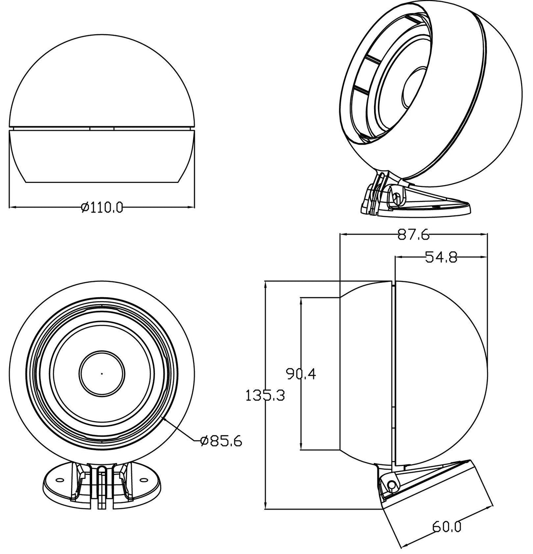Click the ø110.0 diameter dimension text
click(102, 207)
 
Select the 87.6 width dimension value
click(413, 235)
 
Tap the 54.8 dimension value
click(441, 257)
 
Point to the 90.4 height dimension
click(301, 374)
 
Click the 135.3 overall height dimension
click(265, 395)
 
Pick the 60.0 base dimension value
click(447, 526)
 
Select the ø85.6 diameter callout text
click(220, 441)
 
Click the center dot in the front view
click(102, 373)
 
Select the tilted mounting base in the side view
click(435, 497)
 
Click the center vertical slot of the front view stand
click(102, 486)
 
